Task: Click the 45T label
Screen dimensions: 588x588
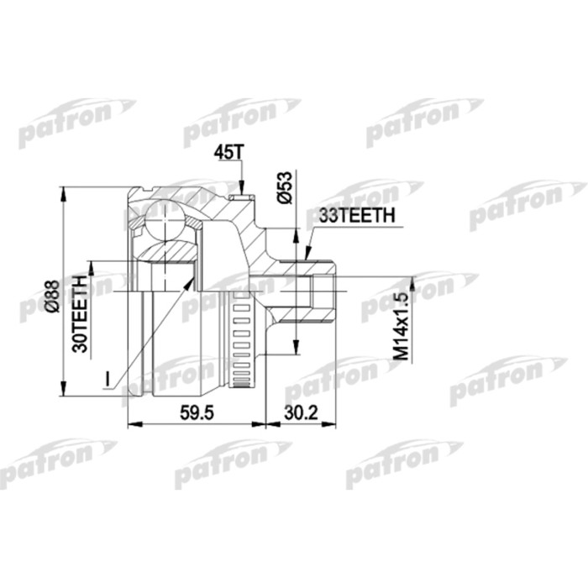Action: tap(228, 151)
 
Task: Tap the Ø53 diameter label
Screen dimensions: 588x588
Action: tap(284, 187)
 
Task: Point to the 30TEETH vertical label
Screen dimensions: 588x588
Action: tap(81, 313)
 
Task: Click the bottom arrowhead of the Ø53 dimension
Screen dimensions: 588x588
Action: tap(296, 352)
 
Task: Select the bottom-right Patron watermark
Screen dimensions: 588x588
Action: tap(403, 460)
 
